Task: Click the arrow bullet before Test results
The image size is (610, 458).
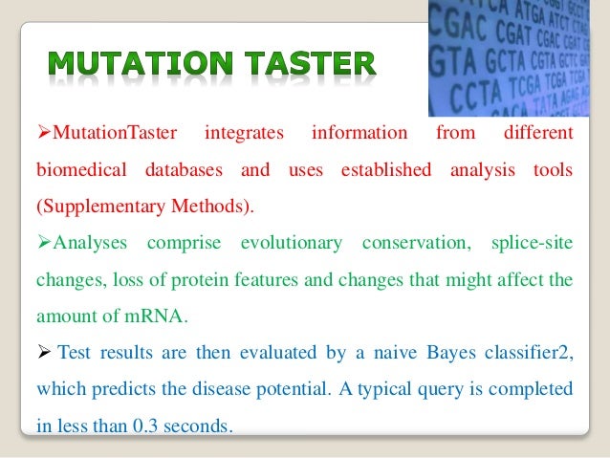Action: (43, 354)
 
